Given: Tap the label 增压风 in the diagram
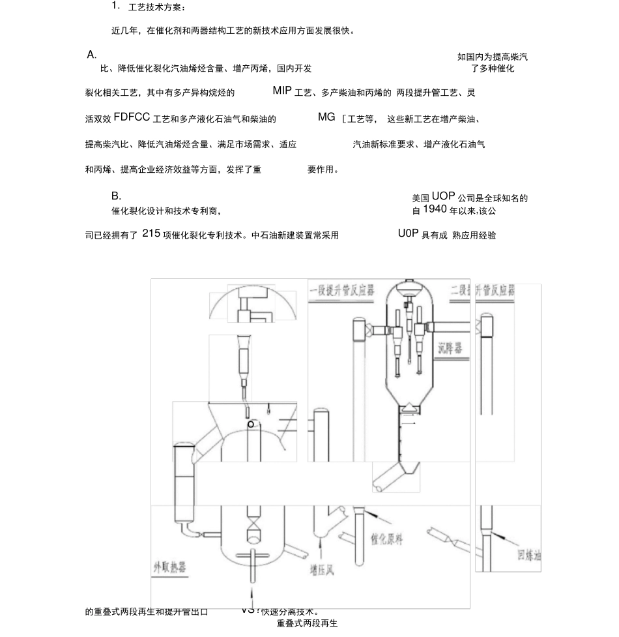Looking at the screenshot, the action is [x=321, y=570].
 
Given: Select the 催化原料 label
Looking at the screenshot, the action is [x=387, y=539].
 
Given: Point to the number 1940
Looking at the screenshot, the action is [x=435, y=209].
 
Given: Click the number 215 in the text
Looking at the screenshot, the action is [x=151, y=234].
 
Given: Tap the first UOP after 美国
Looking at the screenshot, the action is [x=443, y=196].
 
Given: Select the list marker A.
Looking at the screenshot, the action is [x=92, y=55].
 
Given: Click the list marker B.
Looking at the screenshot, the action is [x=116, y=196].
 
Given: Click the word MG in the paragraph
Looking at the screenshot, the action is [x=326, y=117].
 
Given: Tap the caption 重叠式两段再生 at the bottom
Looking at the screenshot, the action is [x=307, y=624].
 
